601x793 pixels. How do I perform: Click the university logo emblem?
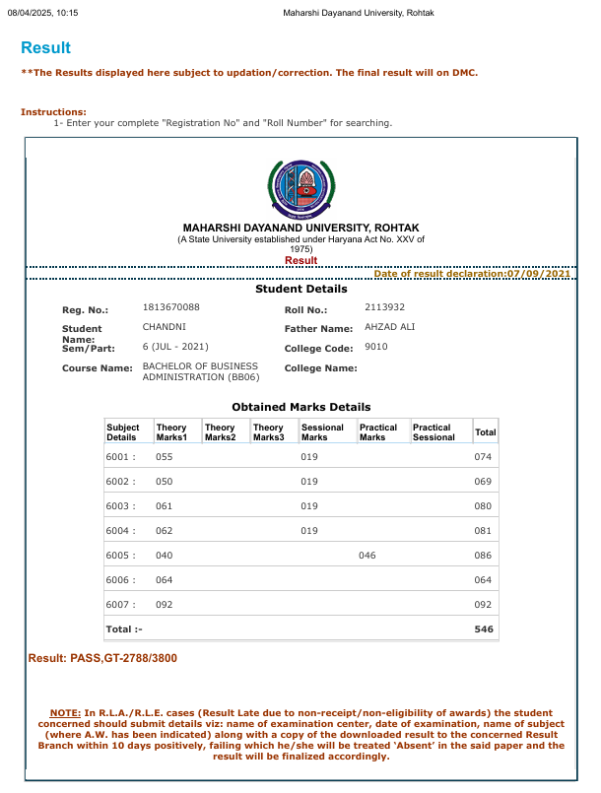[x=300, y=188]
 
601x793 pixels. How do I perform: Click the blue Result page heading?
[x=45, y=47]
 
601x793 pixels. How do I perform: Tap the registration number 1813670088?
[x=171, y=308]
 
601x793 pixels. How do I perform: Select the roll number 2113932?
[x=385, y=307]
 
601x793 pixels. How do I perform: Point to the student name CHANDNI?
[x=165, y=327]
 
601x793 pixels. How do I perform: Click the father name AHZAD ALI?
[x=390, y=327]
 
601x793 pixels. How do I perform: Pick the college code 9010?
[x=376, y=347]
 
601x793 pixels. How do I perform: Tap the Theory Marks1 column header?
[x=171, y=432]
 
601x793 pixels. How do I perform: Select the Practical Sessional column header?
[x=434, y=432]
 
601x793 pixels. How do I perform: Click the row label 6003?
[x=120, y=506]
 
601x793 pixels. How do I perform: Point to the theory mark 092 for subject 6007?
[x=165, y=605]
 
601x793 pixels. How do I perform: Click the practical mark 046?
[x=367, y=556]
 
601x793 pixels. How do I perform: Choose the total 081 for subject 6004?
[x=483, y=531]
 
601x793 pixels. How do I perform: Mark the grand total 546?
[x=483, y=628]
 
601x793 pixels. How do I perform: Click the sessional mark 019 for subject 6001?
[x=309, y=457]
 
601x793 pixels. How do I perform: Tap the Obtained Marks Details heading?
[x=300, y=407]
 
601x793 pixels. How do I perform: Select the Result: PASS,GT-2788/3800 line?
[x=103, y=657]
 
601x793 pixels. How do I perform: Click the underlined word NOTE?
[x=66, y=712]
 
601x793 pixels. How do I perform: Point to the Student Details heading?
[x=300, y=290]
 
